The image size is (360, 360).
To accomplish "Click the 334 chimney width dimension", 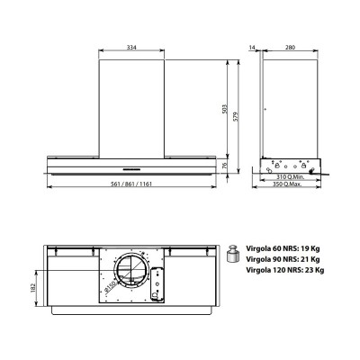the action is click(x=131, y=48).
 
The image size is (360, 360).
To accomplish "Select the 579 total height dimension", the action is click(x=236, y=116).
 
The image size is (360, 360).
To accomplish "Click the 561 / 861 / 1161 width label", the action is click(x=131, y=184).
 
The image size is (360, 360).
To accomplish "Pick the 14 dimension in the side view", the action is click(x=252, y=48).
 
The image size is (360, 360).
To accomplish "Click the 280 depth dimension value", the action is click(x=290, y=48).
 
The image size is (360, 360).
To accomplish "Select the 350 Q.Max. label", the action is click(x=287, y=184).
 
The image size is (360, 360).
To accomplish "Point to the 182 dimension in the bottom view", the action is click(x=33, y=288).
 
